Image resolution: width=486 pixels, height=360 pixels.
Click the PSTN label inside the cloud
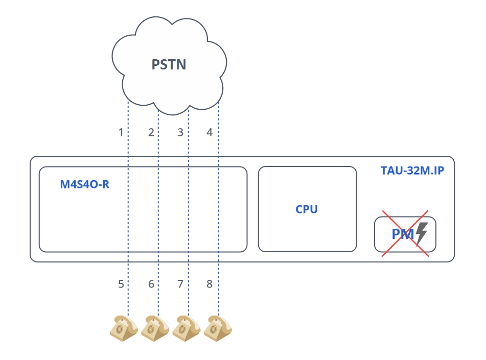[x=169, y=65]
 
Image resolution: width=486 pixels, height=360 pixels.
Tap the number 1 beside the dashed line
[x=121, y=132]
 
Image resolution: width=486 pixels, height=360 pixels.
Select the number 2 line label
[x=151, y=132]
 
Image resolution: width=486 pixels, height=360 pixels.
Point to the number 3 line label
[x=180, y=132]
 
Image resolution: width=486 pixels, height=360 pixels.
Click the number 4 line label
[x=210, y=132]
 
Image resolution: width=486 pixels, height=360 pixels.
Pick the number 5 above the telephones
[x=121, y=284]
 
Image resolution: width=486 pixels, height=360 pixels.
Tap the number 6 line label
[x=151, y=284]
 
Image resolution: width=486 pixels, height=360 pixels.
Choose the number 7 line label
[x=180, y=284]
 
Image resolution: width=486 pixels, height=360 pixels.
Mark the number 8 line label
[x=210, y=284]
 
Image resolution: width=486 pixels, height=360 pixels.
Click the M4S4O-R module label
[x=85, y=184]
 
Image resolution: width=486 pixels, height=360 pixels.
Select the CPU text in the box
[x=307, y=209]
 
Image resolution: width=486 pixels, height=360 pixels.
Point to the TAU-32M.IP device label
[x=412, y=171]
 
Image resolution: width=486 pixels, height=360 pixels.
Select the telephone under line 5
[x=124, y=328]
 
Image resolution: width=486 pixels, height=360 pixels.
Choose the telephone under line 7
[x=186, y=328]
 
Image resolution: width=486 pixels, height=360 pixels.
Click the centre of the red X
[x=405, y=233]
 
